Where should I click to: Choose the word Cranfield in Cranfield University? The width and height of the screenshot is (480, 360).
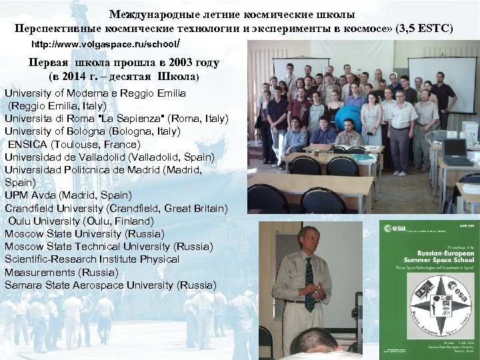point(31,208)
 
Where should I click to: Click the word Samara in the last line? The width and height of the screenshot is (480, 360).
point(22,285)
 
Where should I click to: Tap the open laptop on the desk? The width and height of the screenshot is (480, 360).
point(457,151)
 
